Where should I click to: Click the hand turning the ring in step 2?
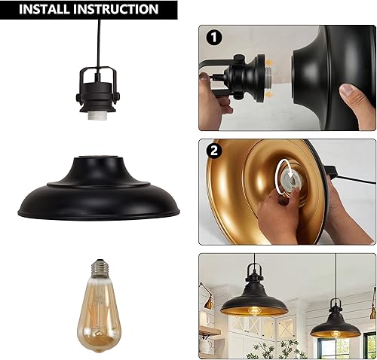275,218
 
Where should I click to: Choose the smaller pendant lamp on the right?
335,325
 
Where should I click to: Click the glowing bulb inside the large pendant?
253,312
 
